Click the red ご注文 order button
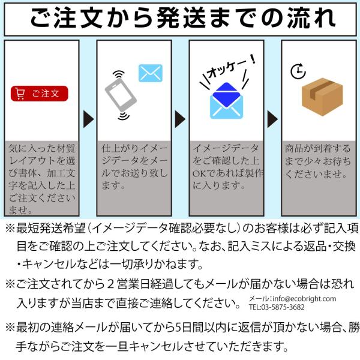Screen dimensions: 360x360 point(40,93)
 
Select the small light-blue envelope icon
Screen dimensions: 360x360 point(151,73)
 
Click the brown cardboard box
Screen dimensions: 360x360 point(322,97)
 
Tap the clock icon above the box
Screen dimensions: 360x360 point(297,71)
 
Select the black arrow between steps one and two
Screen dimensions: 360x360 point(88,119)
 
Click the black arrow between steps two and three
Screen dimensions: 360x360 point(179,119)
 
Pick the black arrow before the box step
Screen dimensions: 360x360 point(272,119)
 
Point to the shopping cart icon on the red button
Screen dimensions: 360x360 point(20,93)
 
